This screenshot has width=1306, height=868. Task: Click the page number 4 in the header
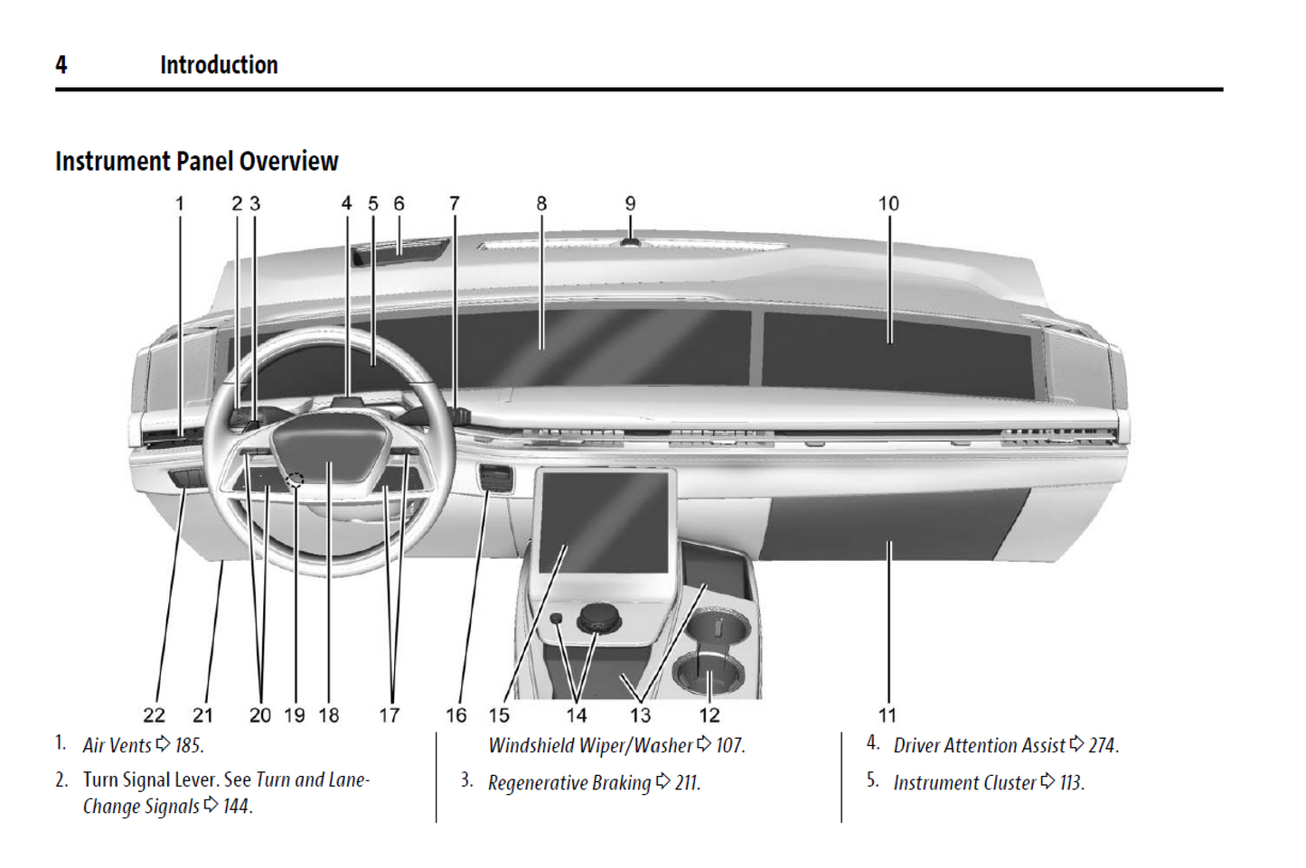point(61,65)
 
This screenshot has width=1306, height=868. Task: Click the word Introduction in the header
point(219,65)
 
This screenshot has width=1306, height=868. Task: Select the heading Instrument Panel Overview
point(196,162)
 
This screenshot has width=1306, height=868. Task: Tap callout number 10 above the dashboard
point(888,204)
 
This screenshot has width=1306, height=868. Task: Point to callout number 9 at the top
point(630,204)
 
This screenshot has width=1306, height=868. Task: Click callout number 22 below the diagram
point(154,715)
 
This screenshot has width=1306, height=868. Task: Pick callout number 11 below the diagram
point(888,715)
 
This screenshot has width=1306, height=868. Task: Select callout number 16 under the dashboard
point(456,715)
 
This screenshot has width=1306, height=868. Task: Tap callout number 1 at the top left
point(179,204)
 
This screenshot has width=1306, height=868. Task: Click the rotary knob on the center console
point(597,618)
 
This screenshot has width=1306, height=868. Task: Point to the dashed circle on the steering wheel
point(295,481)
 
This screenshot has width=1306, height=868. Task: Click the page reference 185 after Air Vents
point(189,746)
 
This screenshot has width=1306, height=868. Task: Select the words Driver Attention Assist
point(979,746)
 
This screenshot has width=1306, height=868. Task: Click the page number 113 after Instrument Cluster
point(1071,783)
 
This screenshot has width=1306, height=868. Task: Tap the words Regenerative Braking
point(569,783)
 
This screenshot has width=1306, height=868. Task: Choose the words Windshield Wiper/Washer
point(590,746)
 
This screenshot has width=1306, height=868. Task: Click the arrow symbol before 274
point(1076,744)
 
